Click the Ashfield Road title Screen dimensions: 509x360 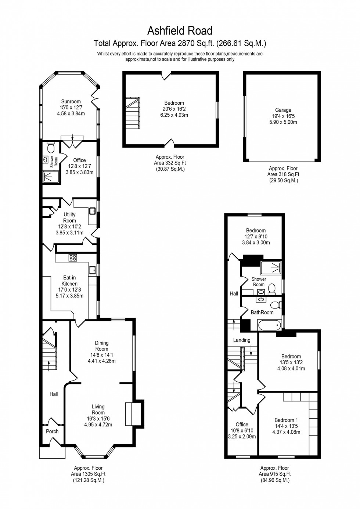(180, 30)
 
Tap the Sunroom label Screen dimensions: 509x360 (71, 101)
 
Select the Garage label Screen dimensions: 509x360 (283, 110)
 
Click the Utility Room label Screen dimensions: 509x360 (69, 217)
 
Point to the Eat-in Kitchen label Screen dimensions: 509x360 (69, 281)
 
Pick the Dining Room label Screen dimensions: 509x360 (102, 346)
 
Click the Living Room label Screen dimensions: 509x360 (98, 409)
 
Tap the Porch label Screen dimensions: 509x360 (52, 431)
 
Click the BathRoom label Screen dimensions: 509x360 (262, 313)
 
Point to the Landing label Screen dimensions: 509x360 (242, 340)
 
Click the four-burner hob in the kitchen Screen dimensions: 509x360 (72, 258)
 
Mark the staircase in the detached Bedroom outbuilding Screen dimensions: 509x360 (133, 112)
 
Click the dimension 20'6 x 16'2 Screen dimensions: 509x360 (174, 109)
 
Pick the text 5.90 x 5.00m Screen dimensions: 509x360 (283, 122)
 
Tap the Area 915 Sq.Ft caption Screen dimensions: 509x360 (275, 474)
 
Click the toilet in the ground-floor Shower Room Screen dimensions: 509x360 (51, 147)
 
